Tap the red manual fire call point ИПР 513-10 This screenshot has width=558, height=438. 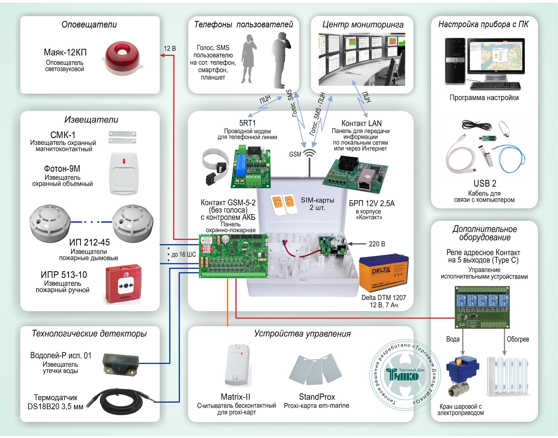[x=124, y=284]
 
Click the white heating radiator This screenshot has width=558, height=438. [x=508, y=376]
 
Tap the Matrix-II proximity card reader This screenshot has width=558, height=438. [x=237, y=365]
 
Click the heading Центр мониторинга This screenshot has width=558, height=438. [x=363, y=25]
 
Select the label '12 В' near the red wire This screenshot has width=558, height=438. [x=170, y=48]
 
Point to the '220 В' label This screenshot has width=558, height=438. [x=377, y=244]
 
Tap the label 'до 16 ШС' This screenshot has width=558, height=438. [x=183, y=254]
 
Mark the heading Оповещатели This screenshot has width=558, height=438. [x=89, y=25]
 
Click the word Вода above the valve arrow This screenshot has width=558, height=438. [x=453, y=339]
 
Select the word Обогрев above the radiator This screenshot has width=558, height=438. [x=518, y=339]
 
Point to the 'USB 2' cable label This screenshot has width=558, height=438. [x=485, y=183]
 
